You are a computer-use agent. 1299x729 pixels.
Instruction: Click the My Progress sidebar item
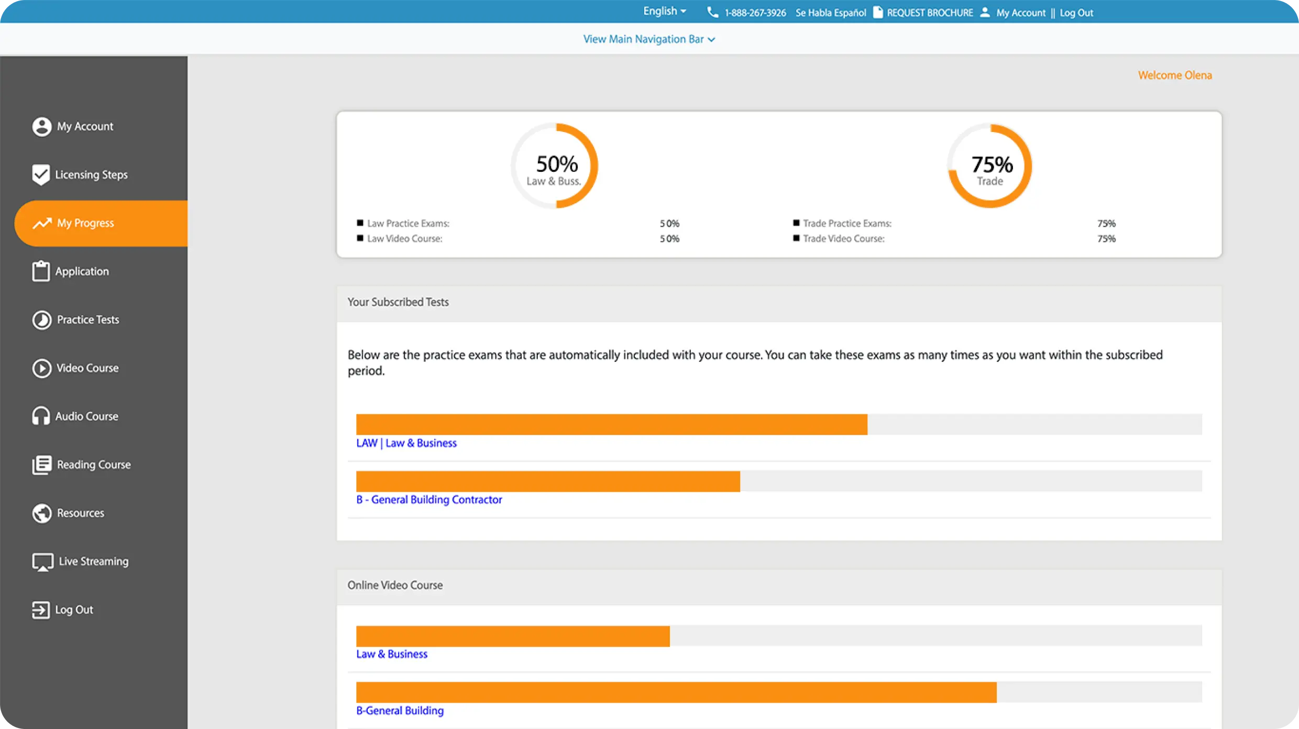coord(85,223)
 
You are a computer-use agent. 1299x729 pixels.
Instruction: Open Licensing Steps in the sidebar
coord(91,175)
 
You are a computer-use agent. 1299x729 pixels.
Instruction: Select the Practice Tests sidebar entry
coord(87,319)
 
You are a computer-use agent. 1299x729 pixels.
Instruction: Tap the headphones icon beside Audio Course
coord(41,416)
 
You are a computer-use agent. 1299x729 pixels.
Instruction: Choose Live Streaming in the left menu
coord(93,561)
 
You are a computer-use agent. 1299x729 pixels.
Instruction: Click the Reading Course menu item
coord(93,465)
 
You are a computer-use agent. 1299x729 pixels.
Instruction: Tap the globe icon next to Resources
coord(42,513)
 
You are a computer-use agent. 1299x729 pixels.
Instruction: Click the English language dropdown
coord(664,12)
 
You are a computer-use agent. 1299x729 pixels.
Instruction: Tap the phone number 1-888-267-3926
coord(755,13)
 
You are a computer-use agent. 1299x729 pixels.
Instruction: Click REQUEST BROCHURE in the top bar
coord(929,13)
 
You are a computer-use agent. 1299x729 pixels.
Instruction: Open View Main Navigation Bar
coord(649,39)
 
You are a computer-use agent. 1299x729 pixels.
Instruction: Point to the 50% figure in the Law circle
coord(557,164)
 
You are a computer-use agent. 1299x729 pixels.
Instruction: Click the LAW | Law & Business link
coord(406,443)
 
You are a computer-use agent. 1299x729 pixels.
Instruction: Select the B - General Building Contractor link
coord(429,500)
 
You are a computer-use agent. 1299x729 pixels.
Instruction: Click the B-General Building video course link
coord(400,711)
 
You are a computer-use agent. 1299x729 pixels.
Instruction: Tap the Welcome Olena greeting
coord(1175,75)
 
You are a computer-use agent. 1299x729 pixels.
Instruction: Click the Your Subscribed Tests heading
coord(398,302)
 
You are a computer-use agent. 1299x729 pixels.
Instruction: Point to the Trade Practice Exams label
coord(847,224)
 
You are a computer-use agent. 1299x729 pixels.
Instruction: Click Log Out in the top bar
coord(1076,13)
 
